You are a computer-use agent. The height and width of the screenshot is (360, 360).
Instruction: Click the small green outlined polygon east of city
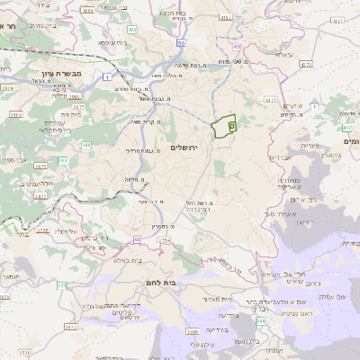[222, 127]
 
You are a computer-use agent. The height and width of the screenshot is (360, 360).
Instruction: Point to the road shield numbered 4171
[307, 65]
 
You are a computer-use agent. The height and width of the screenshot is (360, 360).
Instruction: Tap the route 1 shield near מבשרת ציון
[109, 77]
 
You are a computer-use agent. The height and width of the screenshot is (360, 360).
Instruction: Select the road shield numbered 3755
[42, 230]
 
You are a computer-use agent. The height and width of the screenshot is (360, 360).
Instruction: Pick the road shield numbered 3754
[139, 241]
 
